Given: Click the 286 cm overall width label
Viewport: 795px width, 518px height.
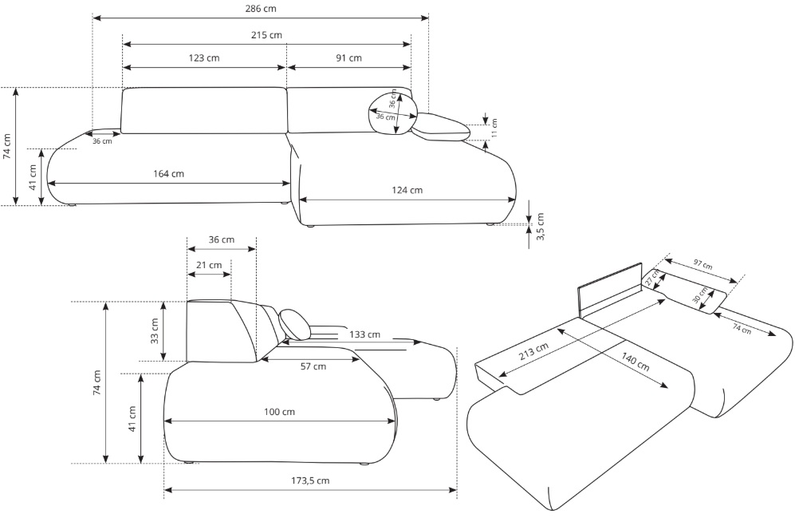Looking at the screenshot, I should coord(261,8).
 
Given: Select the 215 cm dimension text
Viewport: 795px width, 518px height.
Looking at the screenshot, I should coord(266,35).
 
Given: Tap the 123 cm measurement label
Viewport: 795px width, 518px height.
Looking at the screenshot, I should coord(204,58).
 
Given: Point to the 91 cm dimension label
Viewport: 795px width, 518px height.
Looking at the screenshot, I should coord(348,58).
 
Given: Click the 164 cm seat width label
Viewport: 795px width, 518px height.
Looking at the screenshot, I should coord(168,173).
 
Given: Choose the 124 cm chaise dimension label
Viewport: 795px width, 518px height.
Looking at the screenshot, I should coord(407,190).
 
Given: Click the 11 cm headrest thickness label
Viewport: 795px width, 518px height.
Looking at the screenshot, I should coord(494,127).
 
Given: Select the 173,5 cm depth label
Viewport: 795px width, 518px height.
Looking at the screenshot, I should coord(310,480).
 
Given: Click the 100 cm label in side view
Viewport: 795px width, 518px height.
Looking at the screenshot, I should coord(280,412).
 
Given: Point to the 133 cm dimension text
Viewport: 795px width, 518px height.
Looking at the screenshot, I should coord(364,334).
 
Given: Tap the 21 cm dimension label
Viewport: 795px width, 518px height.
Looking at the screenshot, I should coord(209,265).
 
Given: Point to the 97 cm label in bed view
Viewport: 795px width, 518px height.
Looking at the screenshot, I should coord(703,264).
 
